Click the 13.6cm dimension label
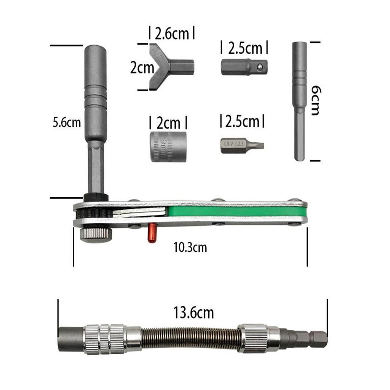[x=193, y=313]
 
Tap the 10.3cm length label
[x=190, y=248]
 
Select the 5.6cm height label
[x=67, y=123]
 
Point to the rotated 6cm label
[x=316, y=100]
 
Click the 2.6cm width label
[x=172, y=34]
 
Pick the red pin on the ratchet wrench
[x=151, y=233]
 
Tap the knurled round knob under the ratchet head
[x=96, y=235]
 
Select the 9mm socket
[x=168, y=147]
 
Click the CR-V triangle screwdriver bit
[x=242, y=145]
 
